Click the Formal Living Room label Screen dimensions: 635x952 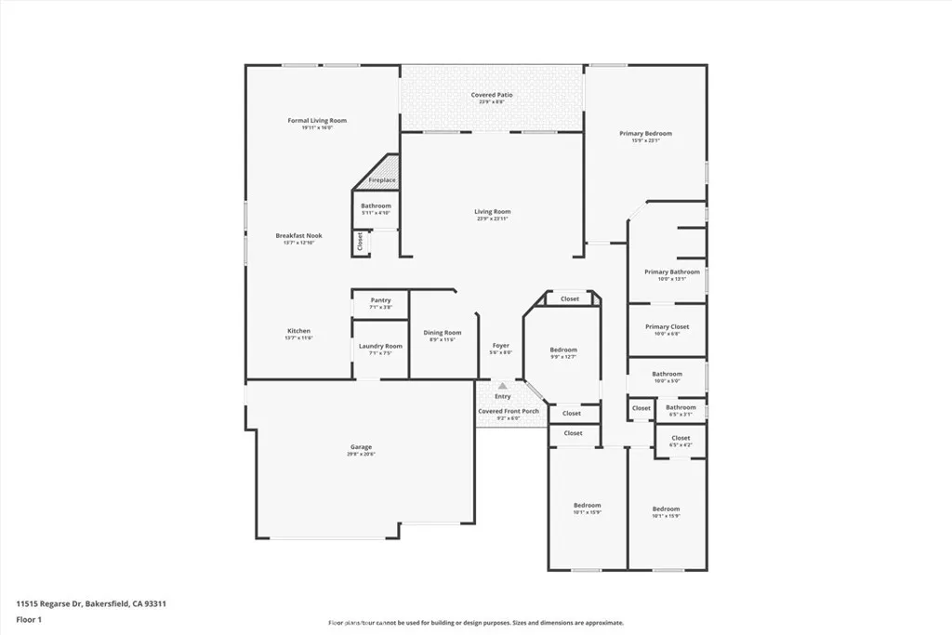tap(316, 120)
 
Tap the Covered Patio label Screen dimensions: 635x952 tap(491, 95)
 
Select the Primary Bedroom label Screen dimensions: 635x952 tap(645, 134)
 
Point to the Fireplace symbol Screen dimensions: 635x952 tap(381, 179)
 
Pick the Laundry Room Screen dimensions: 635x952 tap(380, 349)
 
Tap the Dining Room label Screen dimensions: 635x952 tap(442, 333)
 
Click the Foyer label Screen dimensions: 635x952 tap(500, 346)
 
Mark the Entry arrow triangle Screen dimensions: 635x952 tap(502, 385)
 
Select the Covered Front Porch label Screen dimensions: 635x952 tap(508, 411)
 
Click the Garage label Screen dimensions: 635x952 tap(360, 447)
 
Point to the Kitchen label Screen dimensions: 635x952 tap(298, 331)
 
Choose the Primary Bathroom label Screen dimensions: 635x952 tap(671, 272)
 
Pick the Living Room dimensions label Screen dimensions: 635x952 tap(492, 218)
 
